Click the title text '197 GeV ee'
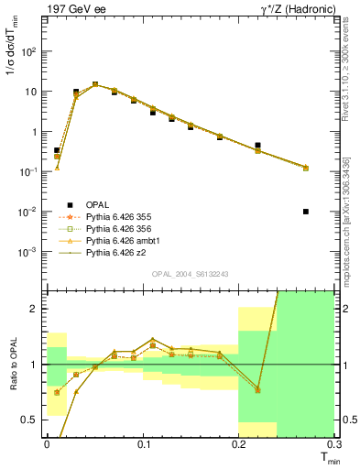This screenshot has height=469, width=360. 72,10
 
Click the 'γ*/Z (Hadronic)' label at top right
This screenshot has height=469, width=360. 290,10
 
